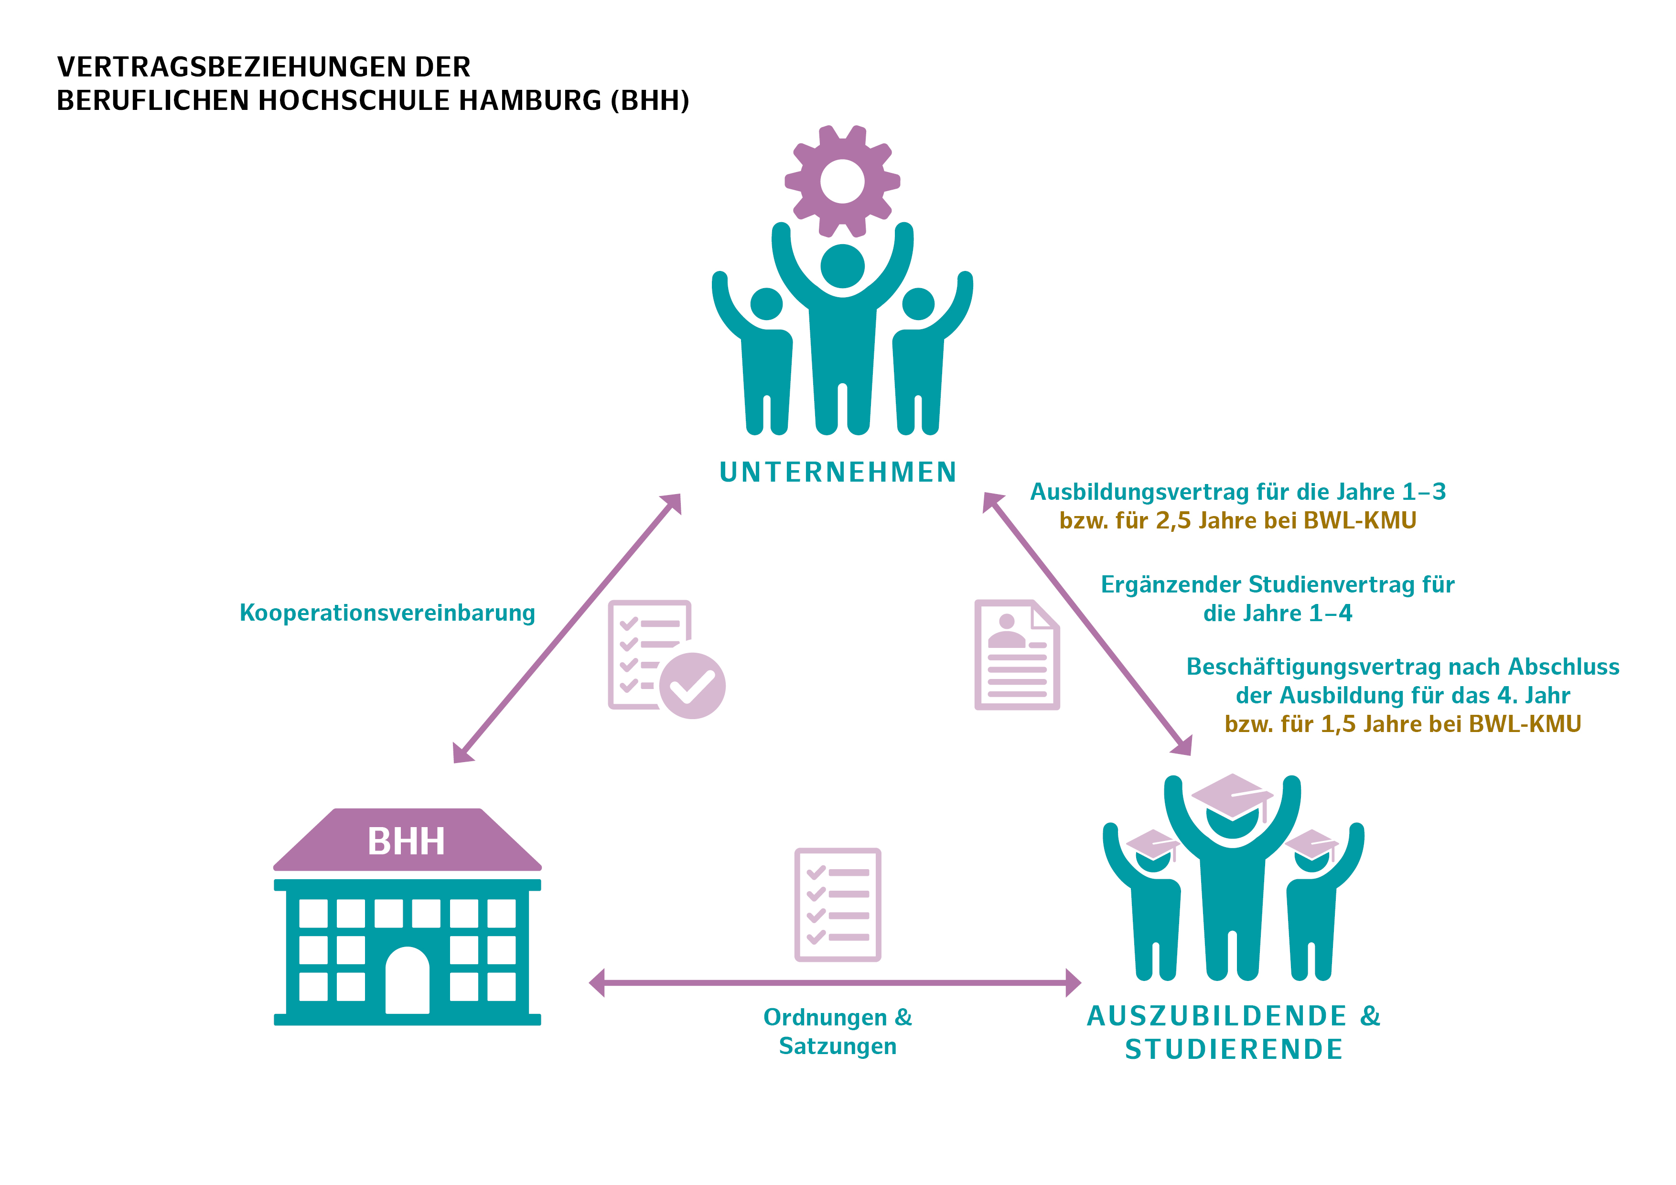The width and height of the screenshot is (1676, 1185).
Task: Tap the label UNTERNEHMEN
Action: pos(838,473)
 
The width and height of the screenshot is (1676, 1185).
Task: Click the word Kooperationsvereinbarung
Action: pos(387,613)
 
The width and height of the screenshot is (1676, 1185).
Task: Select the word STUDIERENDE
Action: pos(1234,1049)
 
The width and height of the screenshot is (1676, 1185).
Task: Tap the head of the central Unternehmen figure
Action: pos(842,266)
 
